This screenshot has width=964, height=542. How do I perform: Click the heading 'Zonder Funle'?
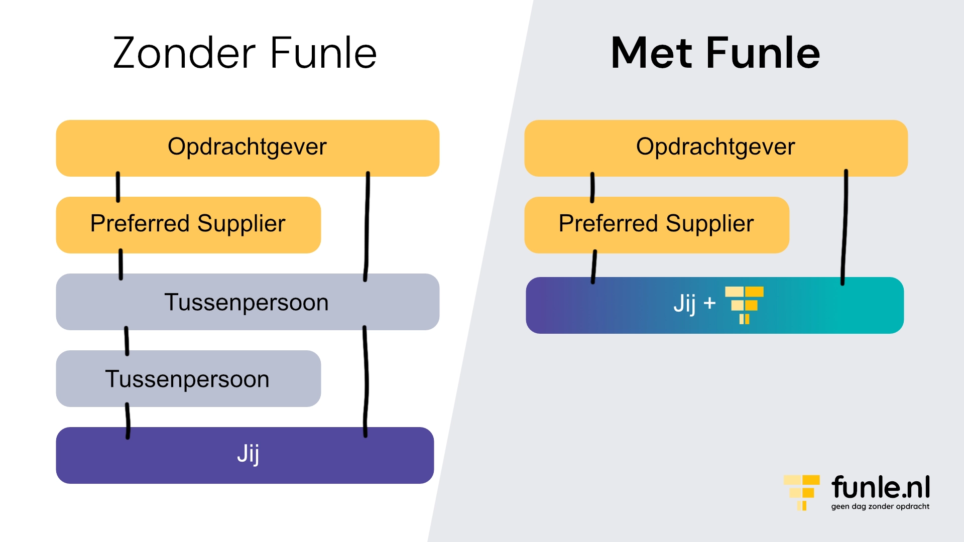click(x=245, y=53)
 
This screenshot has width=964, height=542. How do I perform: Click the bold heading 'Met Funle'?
click(x=715, y=53)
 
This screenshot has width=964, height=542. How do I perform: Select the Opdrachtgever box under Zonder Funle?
click(x=247, y=148)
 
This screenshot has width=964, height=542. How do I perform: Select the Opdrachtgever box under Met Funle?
click(x=715, y=148)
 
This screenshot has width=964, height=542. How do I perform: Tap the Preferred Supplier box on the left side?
click(x=188, y=224)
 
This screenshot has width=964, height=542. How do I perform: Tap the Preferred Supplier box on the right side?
click(x=656, y=224)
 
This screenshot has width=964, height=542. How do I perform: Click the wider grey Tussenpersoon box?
click(x=247, y=302)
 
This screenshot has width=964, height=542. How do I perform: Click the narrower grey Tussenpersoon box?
click(x=188, y=379)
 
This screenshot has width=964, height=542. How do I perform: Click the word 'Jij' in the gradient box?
click(x=684, y=304)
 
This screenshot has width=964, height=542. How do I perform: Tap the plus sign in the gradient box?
click(x=709, y=303)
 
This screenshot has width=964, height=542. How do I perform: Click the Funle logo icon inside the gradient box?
click(x=744, y=305)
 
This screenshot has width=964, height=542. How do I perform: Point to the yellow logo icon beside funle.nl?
click(x=802, y=492)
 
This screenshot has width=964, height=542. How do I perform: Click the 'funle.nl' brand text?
click(x=881, y=487)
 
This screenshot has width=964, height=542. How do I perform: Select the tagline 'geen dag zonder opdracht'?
click(x=880, y=506)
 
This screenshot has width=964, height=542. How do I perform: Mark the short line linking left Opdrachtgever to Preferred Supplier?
click(x=118, y=187)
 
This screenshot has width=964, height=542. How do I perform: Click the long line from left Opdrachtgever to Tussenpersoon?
click(x=367, y=226)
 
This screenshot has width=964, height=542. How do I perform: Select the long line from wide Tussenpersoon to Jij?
click(x=366, y=381)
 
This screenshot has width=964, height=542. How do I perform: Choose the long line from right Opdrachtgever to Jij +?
click(x=845, y=226)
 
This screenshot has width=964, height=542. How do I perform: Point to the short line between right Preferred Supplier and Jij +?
click(x=594, y=266)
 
